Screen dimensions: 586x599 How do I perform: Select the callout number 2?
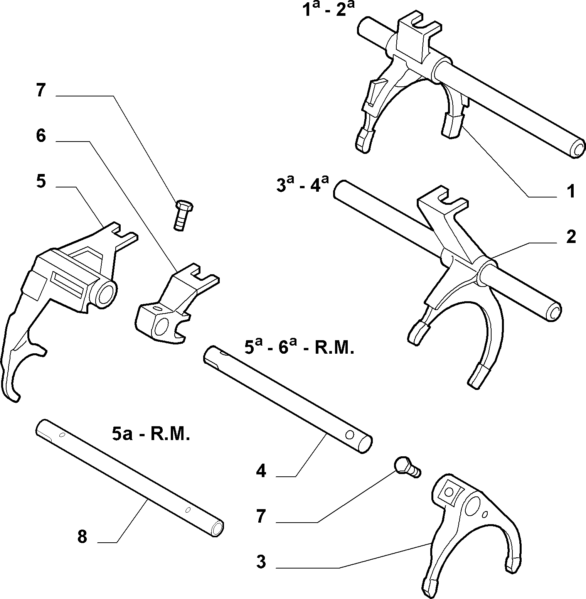[571, 237]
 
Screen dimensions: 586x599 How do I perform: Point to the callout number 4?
[261, 471]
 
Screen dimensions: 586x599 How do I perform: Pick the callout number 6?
[41, 136]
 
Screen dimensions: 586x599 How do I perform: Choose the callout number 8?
[82, 537]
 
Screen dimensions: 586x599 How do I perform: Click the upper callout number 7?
[41, 91]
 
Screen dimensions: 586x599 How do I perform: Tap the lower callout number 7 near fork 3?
[261, 516]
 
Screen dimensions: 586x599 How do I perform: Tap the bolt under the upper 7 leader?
[183, 215]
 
